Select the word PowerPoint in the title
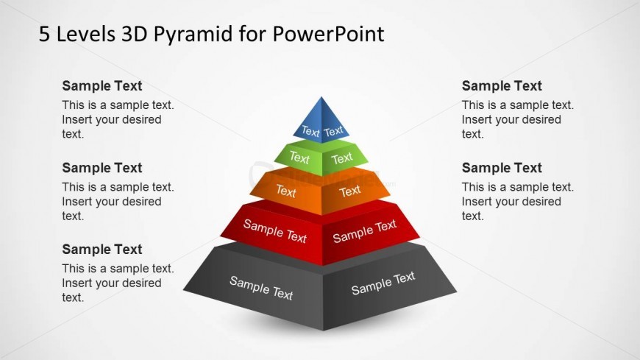328,34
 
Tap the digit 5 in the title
44,34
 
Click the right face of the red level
369,232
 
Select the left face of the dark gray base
258,289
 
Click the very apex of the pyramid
321,97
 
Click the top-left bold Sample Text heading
102,86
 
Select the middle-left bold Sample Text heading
102,168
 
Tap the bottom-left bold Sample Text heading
102,250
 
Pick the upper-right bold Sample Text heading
502,86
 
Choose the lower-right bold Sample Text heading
502,168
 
